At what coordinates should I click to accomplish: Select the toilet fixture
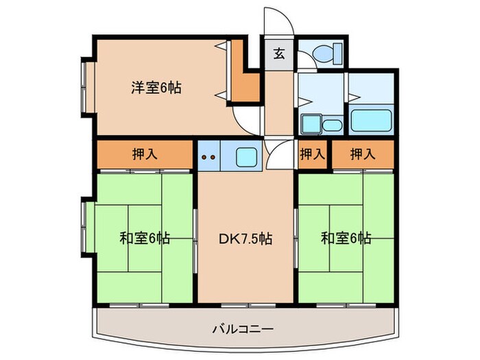click(321, 53)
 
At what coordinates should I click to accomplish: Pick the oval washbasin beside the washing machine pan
click(332, 125)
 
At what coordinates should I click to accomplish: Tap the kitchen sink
click(246, 156)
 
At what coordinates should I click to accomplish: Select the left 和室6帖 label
click(145, 239)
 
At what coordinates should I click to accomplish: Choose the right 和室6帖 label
click(346, 239)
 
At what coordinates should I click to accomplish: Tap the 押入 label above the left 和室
click(144, 154)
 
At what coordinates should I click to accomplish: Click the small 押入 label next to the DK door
click(312, 154)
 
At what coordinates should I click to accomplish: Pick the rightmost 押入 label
click(363, 154)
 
